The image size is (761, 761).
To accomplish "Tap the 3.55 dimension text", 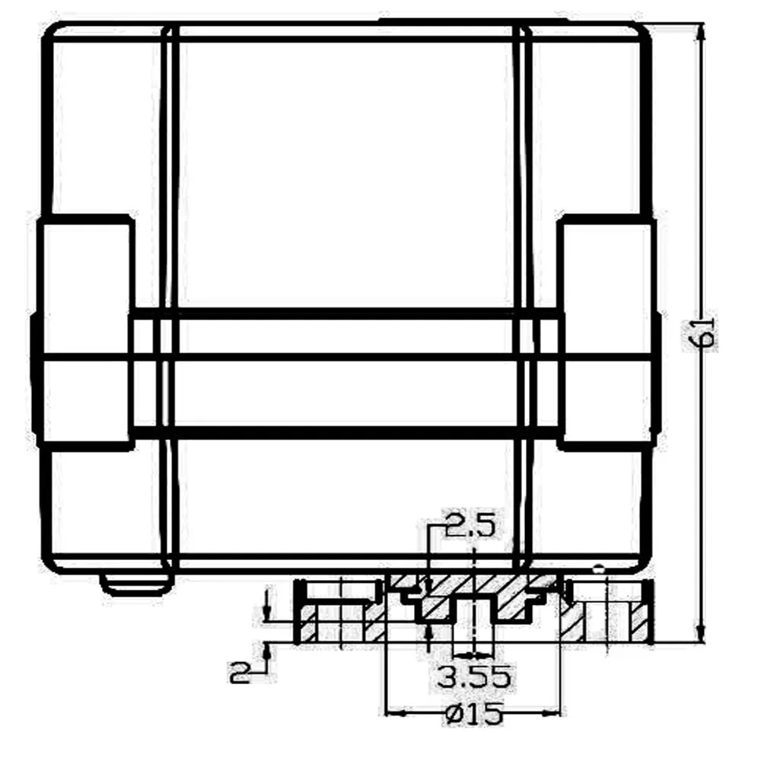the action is (x=473, y=677).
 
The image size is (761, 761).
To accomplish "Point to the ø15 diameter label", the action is (x=473, y=714).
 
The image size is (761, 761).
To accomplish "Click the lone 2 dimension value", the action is (x=239, y=673).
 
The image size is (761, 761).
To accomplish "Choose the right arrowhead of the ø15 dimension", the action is (x=550, y=713).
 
